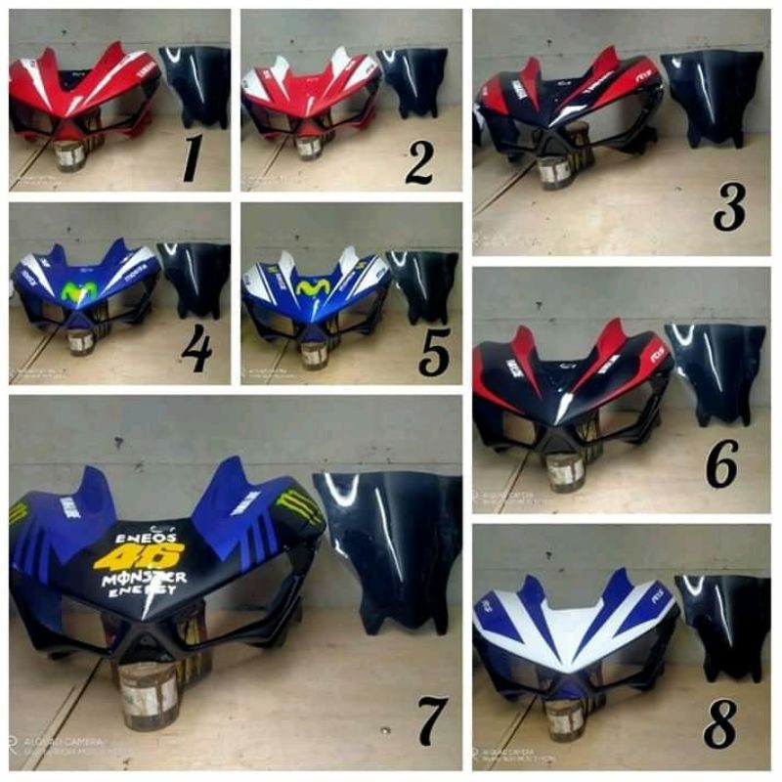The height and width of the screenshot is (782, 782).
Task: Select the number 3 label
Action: coord(729,206)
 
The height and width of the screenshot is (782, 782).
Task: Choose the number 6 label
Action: coord(721,467)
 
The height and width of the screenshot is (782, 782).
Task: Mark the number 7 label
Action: coord(431,720)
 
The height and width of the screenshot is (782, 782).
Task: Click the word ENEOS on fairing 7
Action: coord(147,537)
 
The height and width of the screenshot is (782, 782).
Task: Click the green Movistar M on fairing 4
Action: coord(79,290)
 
